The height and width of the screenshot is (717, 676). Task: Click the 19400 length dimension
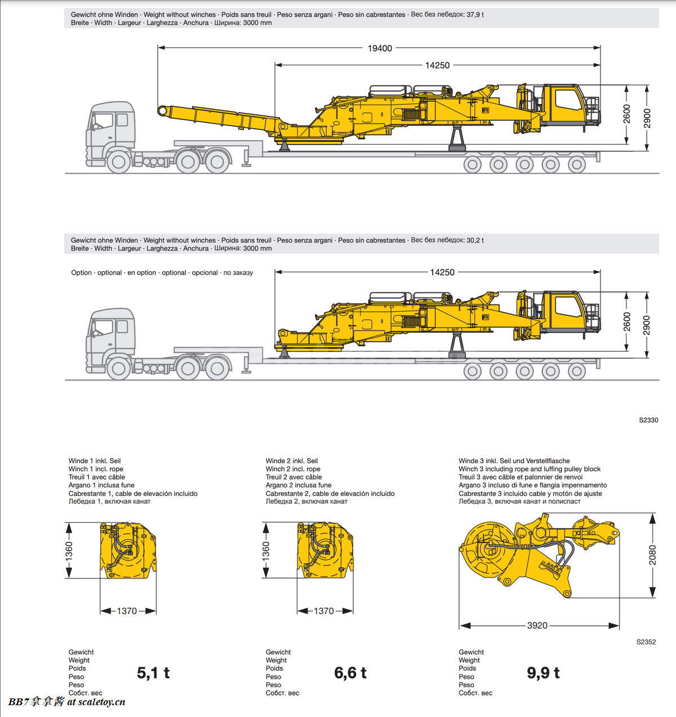[x=380, y=48]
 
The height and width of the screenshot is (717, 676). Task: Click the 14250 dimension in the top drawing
[x=437, y=65]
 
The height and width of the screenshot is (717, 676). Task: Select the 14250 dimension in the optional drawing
[x=442, y=272]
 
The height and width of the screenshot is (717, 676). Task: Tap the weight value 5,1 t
[x=153, y=673]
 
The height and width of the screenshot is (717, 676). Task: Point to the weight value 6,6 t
[x=350, y=673]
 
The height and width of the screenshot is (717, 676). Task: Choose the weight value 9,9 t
[x=543, y=673]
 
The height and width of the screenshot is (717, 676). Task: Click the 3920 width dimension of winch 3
[x=537, y=625]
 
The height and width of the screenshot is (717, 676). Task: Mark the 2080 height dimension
[x=652, y=555]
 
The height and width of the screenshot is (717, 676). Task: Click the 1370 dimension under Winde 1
[x=127, y=611]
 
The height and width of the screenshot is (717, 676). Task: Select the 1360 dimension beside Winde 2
[x=266, y=550]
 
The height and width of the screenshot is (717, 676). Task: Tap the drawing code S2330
[x=648, y=420]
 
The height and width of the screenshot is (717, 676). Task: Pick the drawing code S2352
[x=646, y=642]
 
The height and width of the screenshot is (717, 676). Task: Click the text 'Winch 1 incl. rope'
[x=96, y=469]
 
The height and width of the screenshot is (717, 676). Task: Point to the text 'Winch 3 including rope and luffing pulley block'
[x=529, y=469]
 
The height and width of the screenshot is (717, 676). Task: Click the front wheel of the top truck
[x=118, y=162]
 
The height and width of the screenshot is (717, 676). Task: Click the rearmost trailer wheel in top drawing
[x=576, y=164]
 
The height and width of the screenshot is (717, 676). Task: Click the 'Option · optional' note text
[x=162, y=272]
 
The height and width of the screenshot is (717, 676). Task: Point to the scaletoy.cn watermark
[x=66, y=702]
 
